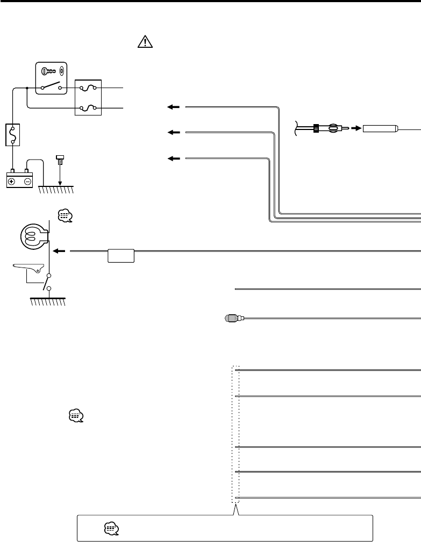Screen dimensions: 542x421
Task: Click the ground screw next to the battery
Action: [x=60, y=161]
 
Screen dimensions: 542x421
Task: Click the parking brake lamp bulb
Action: [x=33, y=235]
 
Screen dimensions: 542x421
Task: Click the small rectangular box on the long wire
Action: [x=121, y=255]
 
